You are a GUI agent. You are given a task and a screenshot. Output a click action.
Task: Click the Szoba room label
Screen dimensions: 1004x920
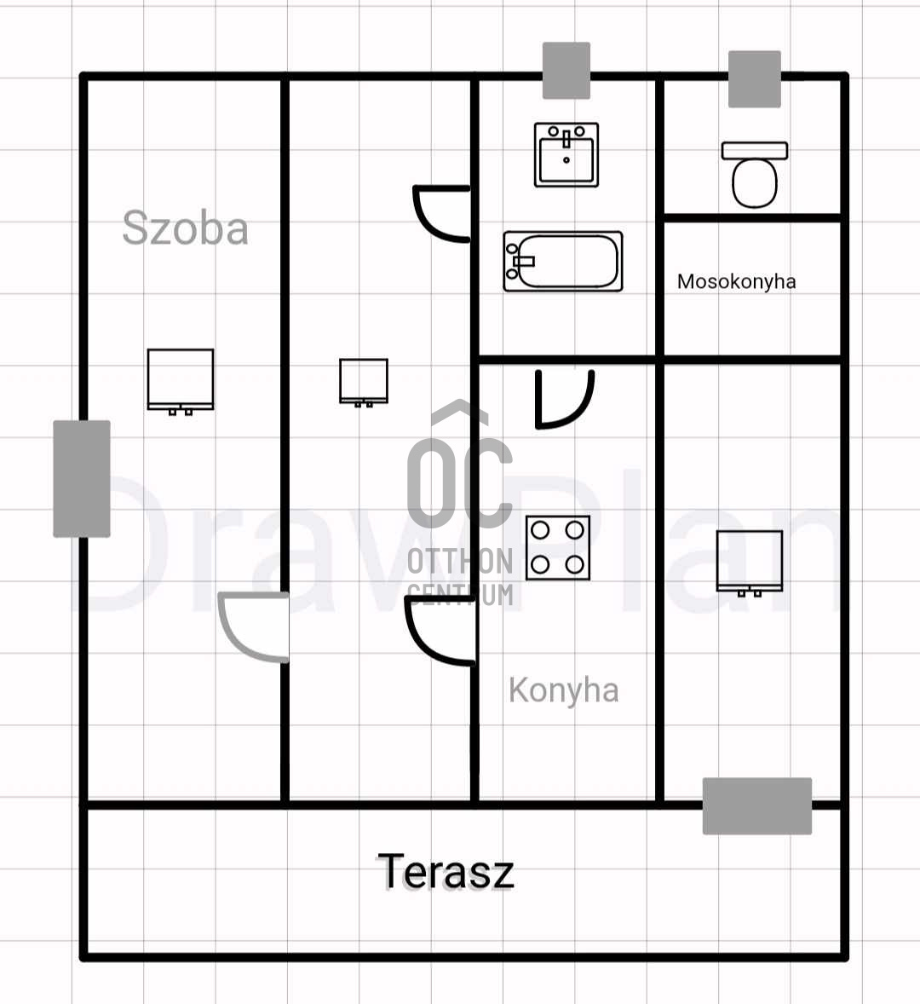(x=185, y=228)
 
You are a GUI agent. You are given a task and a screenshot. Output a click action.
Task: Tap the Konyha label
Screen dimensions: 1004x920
(x=563, y=690)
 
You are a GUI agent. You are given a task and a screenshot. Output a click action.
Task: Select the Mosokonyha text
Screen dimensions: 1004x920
(x=736, y=281)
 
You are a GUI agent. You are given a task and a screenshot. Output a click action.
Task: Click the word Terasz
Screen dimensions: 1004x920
(x=446, y=871)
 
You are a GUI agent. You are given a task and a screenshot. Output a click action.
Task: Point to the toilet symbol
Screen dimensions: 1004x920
(x=755, y=175)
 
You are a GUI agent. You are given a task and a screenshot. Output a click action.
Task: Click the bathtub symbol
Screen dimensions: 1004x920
(x=562, y=262)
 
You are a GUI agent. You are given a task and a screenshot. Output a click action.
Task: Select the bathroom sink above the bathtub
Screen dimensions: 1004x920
(x=566, y=155)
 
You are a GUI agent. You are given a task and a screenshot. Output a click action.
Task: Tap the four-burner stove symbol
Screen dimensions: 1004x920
(x=558, y=548)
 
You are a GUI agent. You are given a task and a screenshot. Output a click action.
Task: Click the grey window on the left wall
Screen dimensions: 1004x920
(x=82, y=478)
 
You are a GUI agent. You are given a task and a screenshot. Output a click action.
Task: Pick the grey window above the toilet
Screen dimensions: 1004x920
(x=755, y=79)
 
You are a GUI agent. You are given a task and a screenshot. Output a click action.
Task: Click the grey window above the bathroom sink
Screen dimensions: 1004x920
(x=566, y=71)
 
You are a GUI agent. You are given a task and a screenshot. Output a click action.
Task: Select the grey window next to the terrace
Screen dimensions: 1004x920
(x=756, y=805)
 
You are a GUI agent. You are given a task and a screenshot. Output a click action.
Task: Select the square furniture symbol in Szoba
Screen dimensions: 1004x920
(x=181, y=381)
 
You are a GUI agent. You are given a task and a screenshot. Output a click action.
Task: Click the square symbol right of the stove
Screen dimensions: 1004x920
(x=750, y=563)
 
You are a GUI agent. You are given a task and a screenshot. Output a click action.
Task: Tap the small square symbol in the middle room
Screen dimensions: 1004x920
(x=364, y=381)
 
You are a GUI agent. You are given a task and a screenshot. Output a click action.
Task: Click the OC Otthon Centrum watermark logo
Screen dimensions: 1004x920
(x=460, y=503)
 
